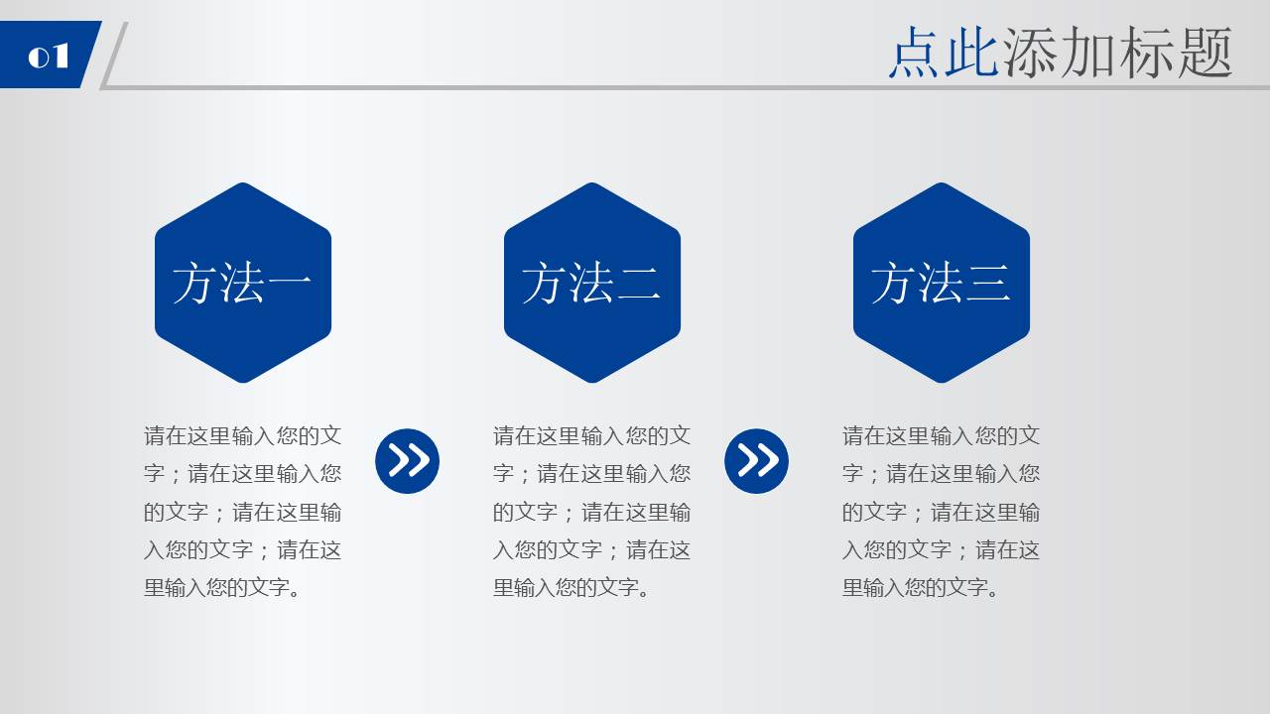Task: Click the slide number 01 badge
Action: tap(48, 56)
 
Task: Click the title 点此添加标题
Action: tap(1060, 53)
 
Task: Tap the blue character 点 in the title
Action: tap(916, 53)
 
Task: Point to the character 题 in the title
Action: tap(1205, 53)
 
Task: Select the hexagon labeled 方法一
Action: tap(243, 283)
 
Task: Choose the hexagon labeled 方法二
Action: tap(592, 283)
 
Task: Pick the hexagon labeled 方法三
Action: tap(942, 283)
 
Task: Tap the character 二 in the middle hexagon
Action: tap(639, 284)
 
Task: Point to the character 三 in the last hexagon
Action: tap(988, 284)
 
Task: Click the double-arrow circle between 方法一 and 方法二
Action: tap(407, 461)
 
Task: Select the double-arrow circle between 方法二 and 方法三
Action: tap(756, 461)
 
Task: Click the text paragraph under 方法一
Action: tap(243, 512)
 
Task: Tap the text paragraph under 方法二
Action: tap(592, 512)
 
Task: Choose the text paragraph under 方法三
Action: tap(942, 512)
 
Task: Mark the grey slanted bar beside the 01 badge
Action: tap(114, 56)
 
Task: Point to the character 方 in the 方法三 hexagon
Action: tap(894, 284)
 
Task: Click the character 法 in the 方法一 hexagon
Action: tap(243, 284)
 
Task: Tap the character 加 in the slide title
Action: tap(1088, 53)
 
